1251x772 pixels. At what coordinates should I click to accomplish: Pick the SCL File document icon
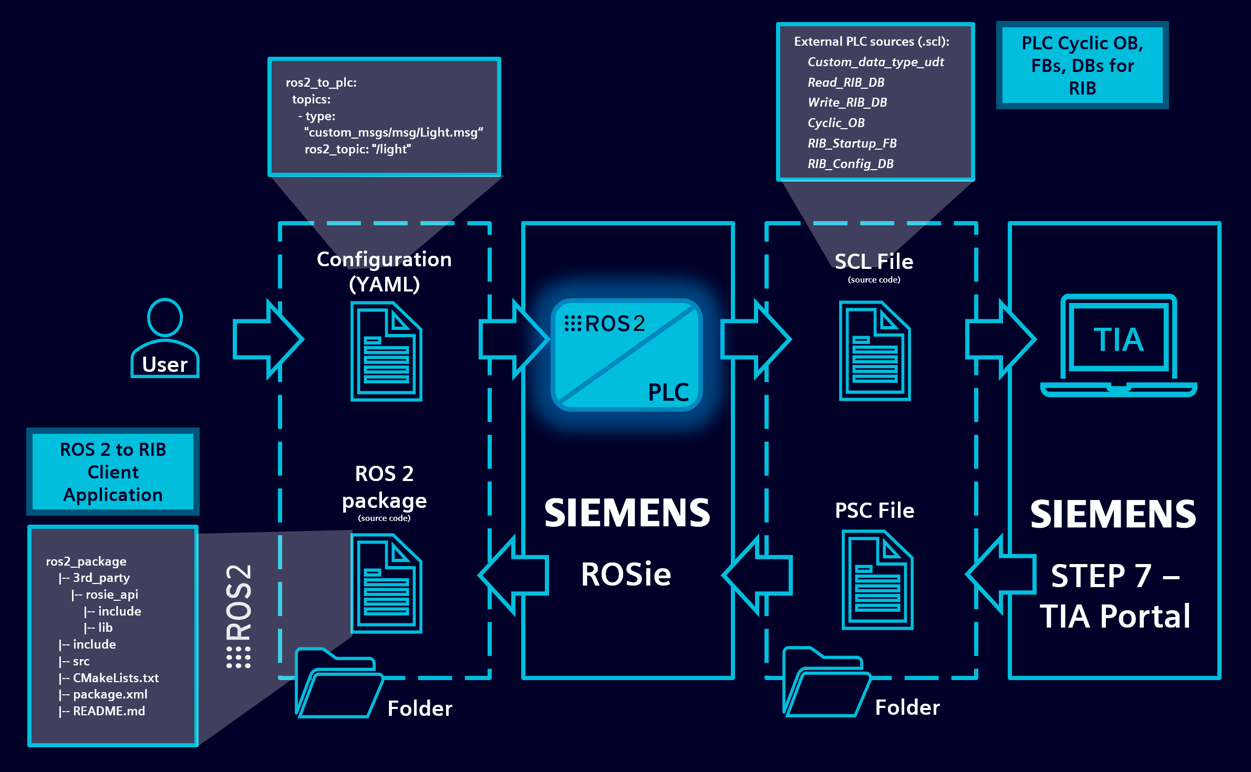874,351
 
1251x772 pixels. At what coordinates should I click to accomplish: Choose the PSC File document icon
877,580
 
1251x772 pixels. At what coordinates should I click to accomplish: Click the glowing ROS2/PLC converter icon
626,355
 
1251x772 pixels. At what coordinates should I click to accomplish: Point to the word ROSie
626,574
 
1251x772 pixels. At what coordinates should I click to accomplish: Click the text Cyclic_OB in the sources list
836,123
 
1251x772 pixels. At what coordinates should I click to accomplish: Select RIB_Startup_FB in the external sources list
852,143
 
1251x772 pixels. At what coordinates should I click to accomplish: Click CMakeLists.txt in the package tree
116,678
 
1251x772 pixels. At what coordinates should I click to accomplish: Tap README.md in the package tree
109,711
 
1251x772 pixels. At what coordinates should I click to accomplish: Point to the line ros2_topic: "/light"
358,149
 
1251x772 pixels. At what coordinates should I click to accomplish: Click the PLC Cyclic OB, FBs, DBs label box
1082,65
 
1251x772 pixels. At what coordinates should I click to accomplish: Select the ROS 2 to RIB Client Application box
113,472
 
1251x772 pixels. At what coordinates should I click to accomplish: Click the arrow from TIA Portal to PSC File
1001,574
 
